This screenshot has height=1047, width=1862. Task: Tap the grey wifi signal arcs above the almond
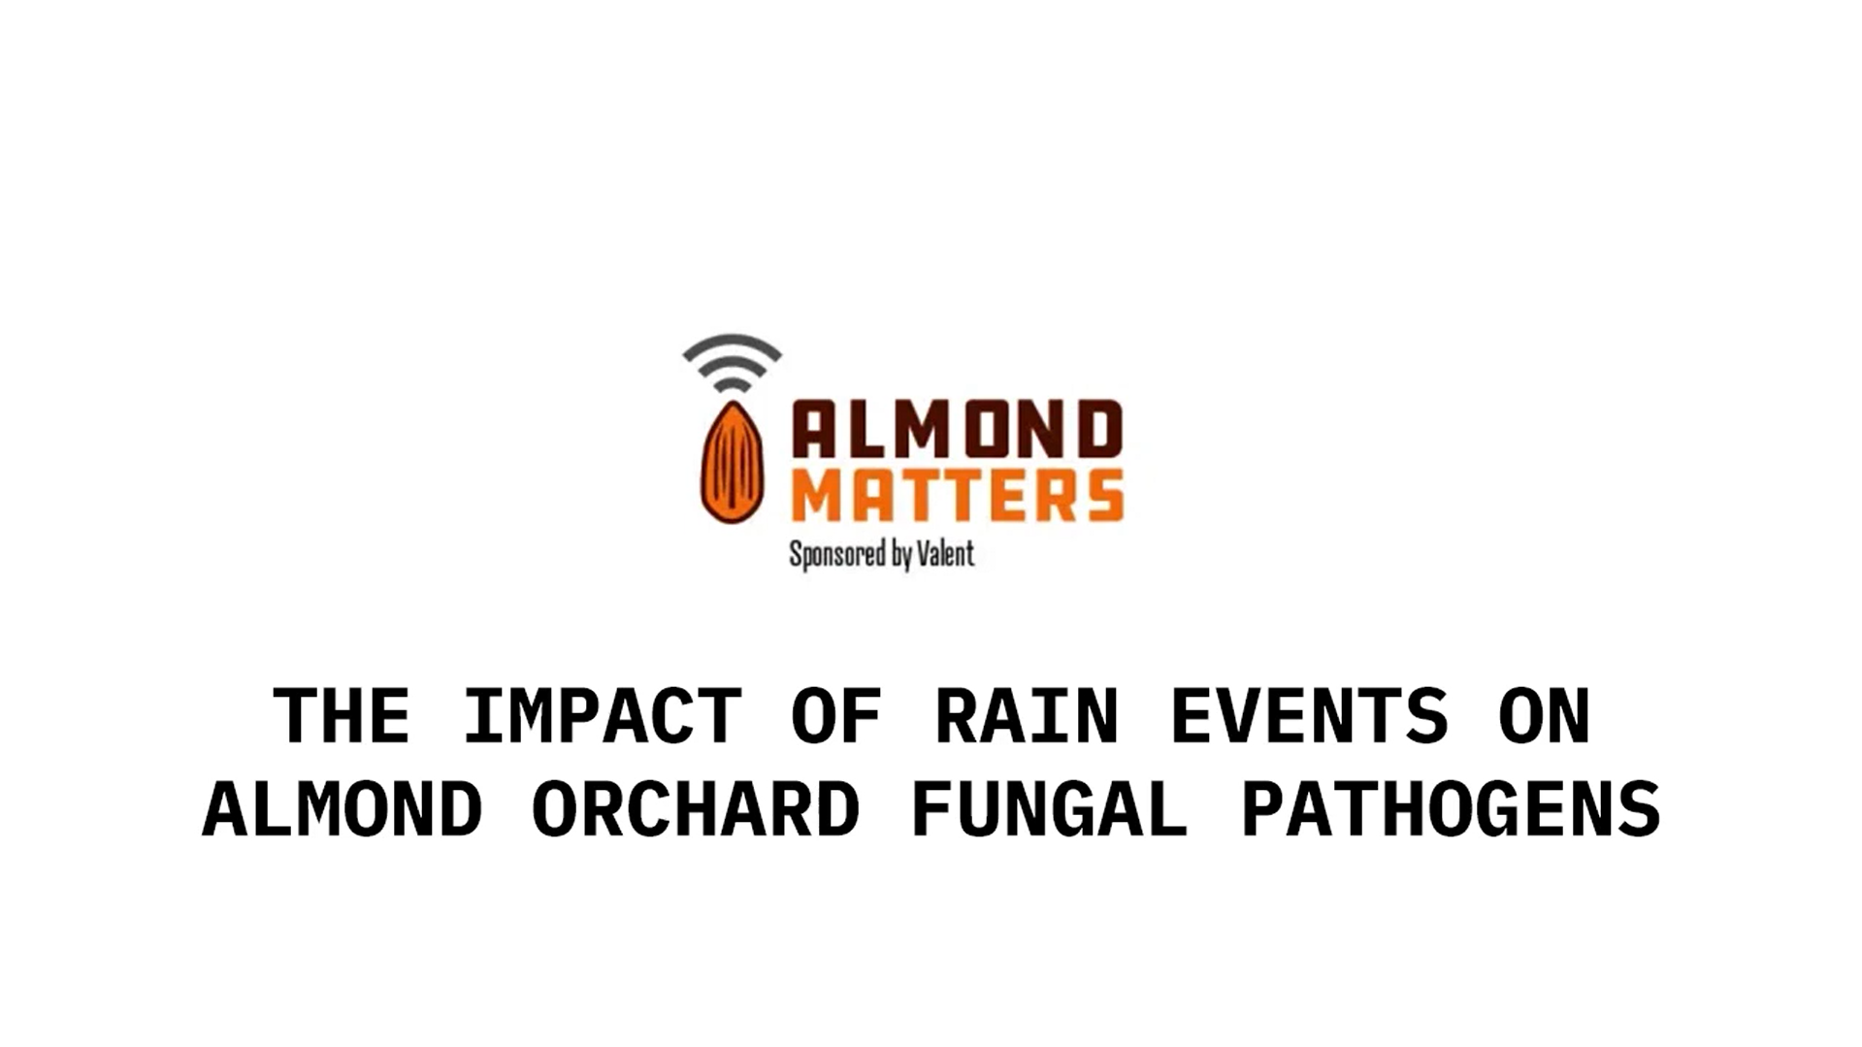coord(732,362)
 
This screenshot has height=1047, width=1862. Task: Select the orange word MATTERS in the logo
coord(957,496)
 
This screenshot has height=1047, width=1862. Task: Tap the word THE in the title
coord(341,716)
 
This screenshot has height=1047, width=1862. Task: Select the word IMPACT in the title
coord(602,716)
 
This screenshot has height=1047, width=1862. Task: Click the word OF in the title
coord(835,716)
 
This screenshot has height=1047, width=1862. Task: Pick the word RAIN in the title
coord(1027,716)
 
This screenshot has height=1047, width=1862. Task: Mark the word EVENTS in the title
coord(1310,716)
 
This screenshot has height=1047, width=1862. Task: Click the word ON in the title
coord(1544,716)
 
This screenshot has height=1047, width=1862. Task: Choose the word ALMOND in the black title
coord(342,808)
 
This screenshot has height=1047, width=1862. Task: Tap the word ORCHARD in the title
coord(696,808)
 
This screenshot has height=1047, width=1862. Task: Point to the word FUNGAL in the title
coord(1050,808)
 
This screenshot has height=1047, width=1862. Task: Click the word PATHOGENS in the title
coord(1452,808)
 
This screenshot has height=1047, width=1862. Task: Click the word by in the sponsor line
coord(901,555)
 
